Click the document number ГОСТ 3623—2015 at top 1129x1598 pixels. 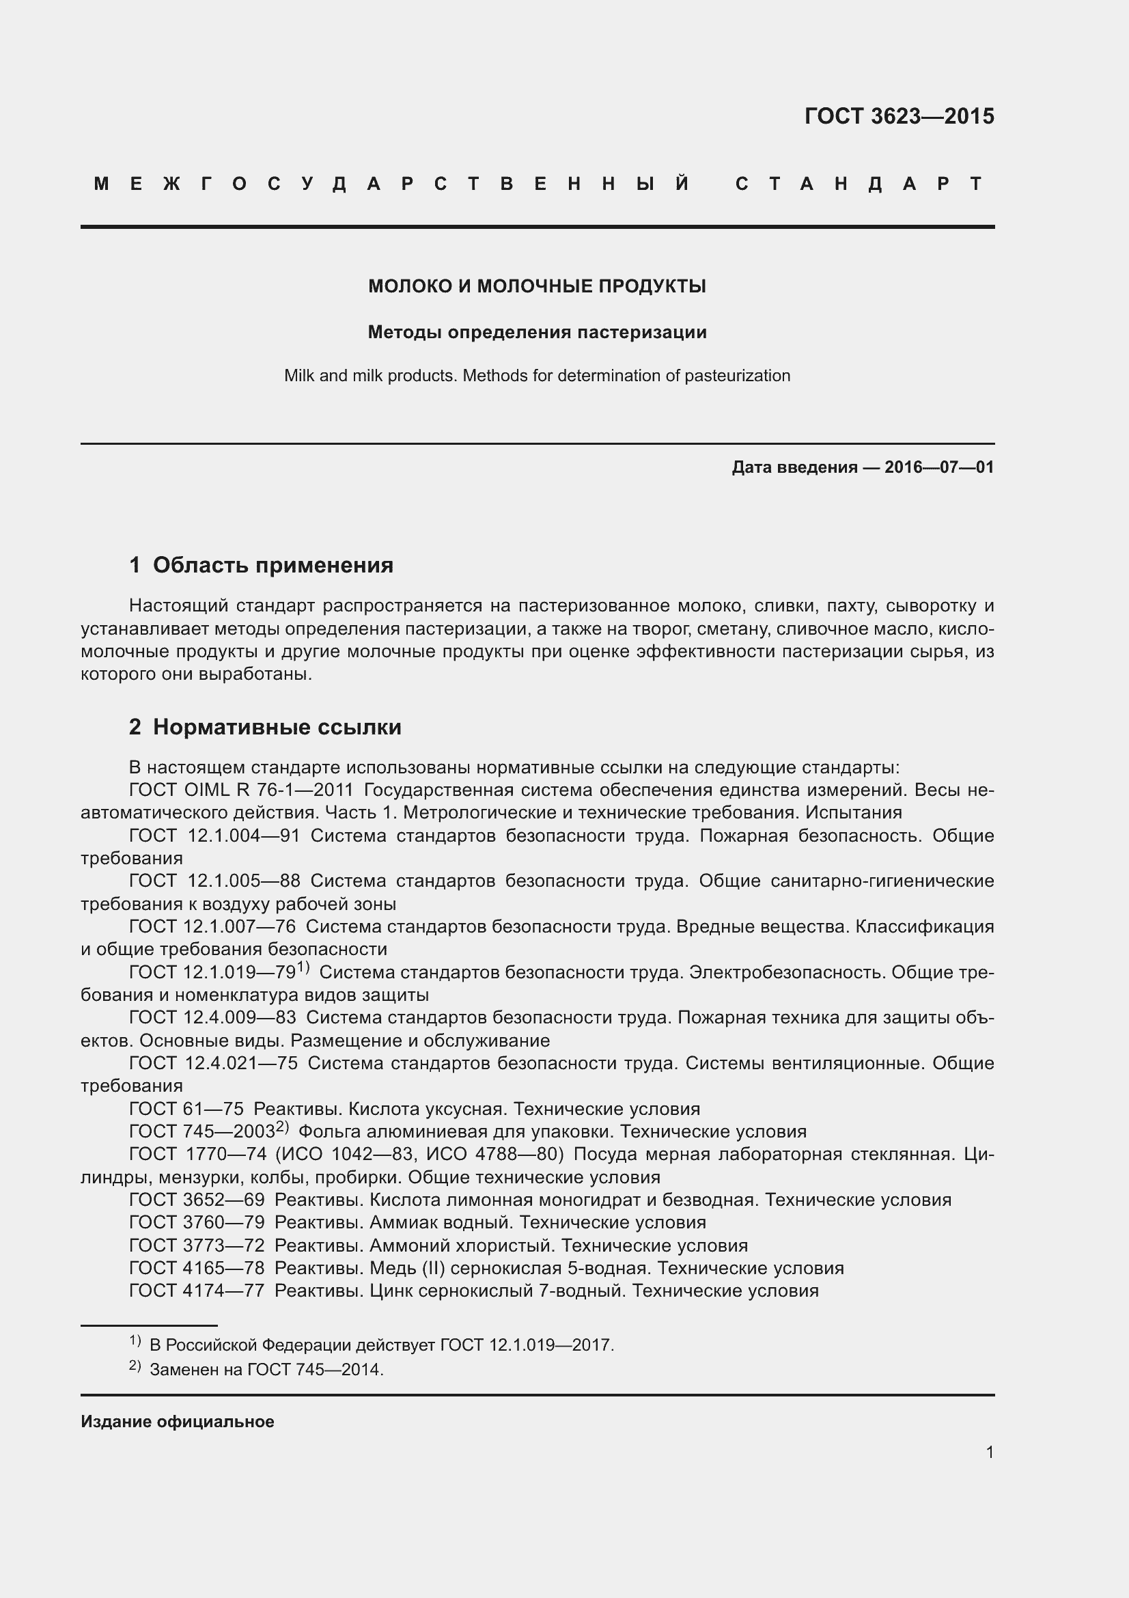click(x=899, y=116)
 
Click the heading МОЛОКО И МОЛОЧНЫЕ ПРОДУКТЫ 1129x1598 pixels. click(x=537, y=286)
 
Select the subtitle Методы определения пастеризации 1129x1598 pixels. click(x=537, y=333)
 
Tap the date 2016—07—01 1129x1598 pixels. click(x=939, y=467)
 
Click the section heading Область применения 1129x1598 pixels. click(x=273, y=565)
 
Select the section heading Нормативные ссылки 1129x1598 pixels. click(x=277, y=728)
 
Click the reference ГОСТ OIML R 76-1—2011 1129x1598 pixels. click(x=241, y=790)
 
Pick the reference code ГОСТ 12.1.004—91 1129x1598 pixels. click(x=214, y=836)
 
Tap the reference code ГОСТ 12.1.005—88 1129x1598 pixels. click(x=214, y=881)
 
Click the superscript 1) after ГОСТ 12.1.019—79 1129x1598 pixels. click(x=303, y=967)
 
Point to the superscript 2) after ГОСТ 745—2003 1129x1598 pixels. click(x=281, y=1126)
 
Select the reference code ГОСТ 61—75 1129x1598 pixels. click(x=186, y=1109)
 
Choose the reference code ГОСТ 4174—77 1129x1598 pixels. click(x=197, y=1291)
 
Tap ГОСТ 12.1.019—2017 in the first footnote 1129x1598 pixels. click(x=526, y=1345)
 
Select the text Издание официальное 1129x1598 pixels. click(x=178, y=1422)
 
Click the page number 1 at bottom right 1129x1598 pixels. click(x=989, y=1452)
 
